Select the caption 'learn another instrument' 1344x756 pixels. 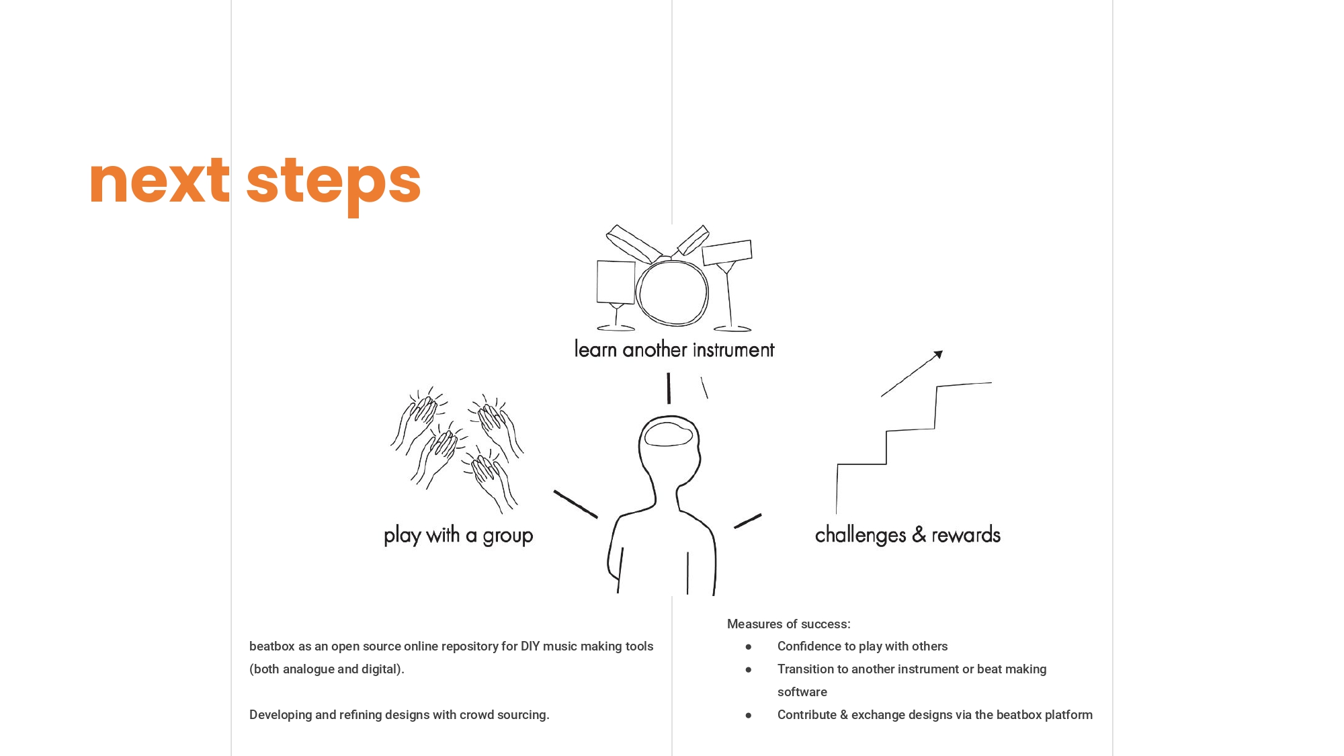click(x=674, y=349)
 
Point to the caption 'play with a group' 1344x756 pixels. click(x=458, y=536)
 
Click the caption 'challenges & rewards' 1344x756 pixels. click(x=908, y=535)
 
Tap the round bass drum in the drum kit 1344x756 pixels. click(x=672, y=292)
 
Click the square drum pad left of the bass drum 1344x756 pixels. click(x=616, y=282)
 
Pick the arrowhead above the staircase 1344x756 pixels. click(x=938, y=355)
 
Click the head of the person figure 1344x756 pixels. click(x=669, y=447)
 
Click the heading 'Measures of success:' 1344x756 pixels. click(x=788, y=624)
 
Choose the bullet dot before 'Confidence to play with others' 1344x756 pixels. click(x=748, y=646)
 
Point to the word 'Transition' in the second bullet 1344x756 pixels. click(x=806, y=669)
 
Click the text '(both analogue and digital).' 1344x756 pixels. click(x=327, y=669)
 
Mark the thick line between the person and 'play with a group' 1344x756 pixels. click(x=576, y=504)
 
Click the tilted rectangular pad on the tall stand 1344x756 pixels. click(x=727, y=252)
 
